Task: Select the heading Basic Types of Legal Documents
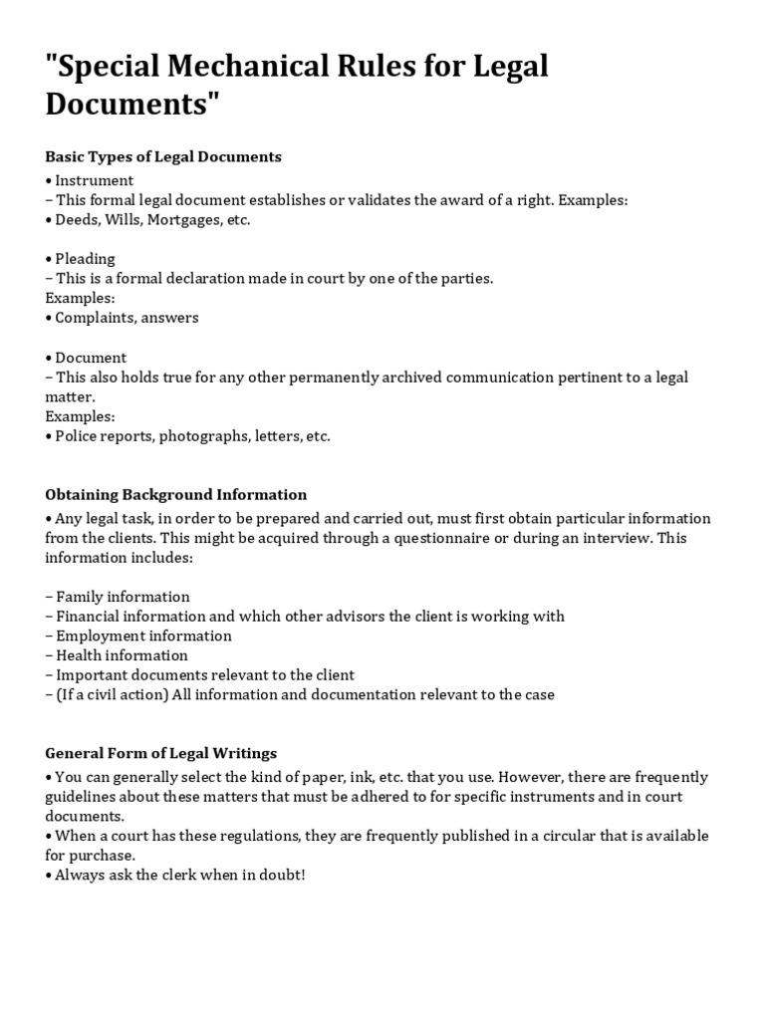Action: [x=163, y=156]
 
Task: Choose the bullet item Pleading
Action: [x=85, y=259]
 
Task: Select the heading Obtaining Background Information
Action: [x=176, y=494]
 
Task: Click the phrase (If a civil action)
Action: [x=107, y=694]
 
